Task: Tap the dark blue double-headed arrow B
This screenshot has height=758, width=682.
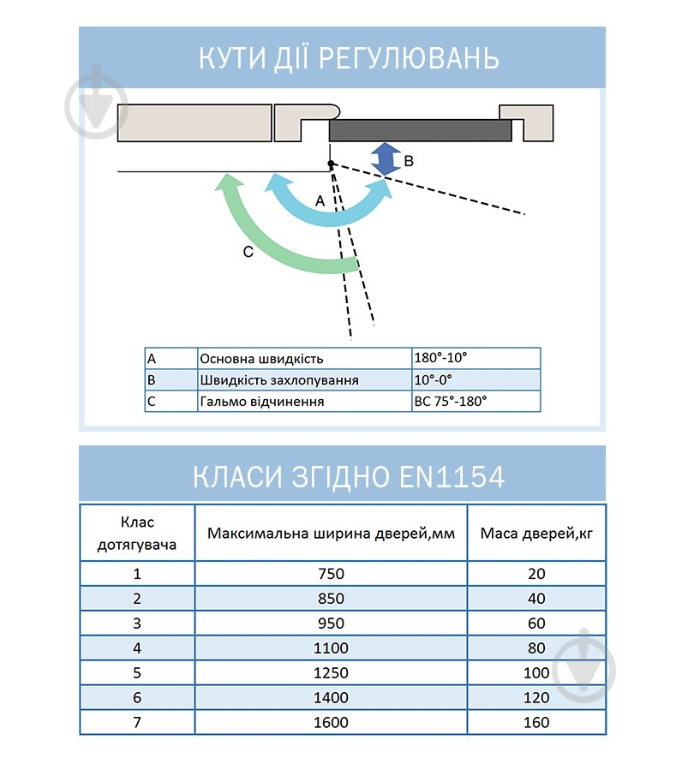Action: pos(386,159)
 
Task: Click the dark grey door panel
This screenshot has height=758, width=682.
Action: pos(420,130)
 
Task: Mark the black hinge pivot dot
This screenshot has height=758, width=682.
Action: pos(331,164)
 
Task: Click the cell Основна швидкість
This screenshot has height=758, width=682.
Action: pos(261,359)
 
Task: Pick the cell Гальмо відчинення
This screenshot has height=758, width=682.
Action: pos(261,401)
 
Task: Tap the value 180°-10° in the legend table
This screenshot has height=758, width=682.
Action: pos(441,359)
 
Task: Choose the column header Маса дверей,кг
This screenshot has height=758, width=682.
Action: pos(535,534)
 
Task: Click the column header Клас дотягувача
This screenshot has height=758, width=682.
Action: pos(137,534)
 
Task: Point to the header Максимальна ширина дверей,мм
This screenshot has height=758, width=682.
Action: pos(331,534)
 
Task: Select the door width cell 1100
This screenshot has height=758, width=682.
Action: pos(331,648)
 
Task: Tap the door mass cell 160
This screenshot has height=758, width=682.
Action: pos(535,723)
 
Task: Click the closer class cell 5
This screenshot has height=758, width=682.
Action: pos(137,673)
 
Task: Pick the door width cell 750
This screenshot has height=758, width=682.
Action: pos(331,574)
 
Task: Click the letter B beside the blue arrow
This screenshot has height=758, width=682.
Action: pos(409,160)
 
